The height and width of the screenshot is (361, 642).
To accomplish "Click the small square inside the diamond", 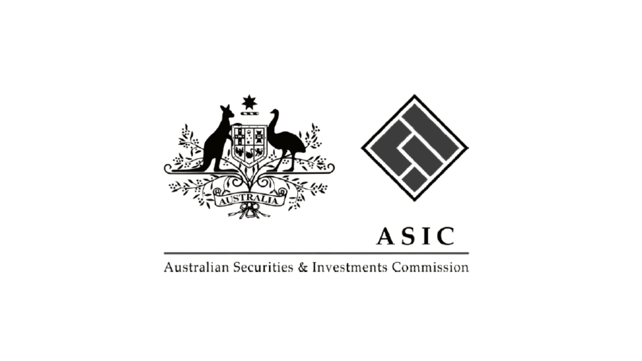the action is coord(415,180).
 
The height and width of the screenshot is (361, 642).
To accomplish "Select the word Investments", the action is coord(349,268).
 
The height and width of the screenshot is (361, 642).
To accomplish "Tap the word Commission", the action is coord(430,268).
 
